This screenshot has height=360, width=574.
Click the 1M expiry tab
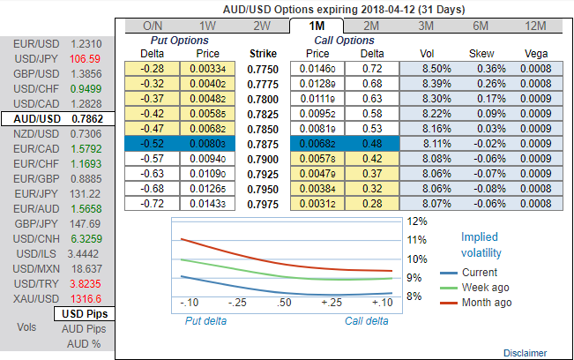point(318,26)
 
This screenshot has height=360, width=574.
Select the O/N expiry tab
point(153,26)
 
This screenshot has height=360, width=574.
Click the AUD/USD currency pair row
point(56,117)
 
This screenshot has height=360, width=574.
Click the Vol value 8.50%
point(429,68)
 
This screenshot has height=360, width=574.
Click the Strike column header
point(263,53)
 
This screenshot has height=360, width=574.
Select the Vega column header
point(536,53)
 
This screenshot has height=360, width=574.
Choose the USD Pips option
point(85,313)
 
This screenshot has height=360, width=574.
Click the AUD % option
point(85,343)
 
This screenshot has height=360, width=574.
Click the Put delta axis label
point(205,320)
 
